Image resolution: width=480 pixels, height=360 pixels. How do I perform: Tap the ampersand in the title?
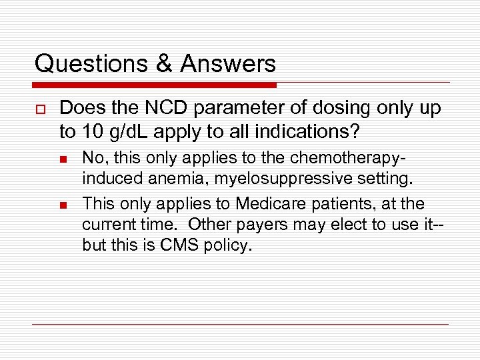point(163,64)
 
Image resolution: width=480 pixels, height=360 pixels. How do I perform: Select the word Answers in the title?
point(227,64)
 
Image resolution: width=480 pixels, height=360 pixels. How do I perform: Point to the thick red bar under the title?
point(155,85)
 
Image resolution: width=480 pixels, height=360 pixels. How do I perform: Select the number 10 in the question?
point(93,132)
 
